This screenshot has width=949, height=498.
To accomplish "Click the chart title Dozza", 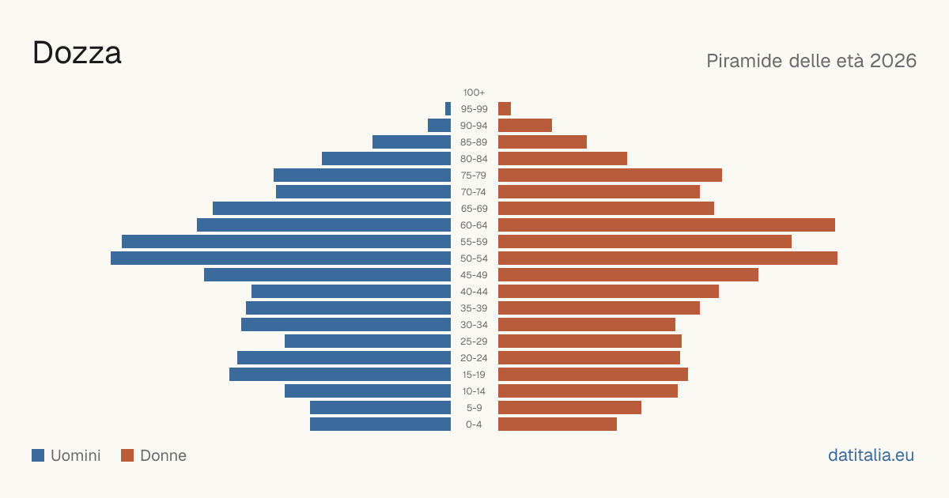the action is click(x=78, y=53).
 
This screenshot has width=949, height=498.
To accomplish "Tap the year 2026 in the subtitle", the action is click(x=893, y=61).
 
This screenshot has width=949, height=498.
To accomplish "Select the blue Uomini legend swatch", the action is click(x=38, y=455).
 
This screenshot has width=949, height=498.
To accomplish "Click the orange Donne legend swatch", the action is click(x=127, y=455).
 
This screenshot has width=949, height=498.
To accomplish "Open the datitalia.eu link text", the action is click(x=871, y=455).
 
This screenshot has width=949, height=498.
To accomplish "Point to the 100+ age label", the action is click(x=474, y=92).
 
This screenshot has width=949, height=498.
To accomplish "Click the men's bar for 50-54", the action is click(x=281, y=258).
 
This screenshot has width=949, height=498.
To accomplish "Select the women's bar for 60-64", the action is click(x=667, y=224).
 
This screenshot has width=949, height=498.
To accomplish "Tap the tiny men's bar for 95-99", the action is click(x=448, y=109).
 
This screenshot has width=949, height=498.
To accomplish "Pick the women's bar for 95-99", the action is click(x=505, y=109).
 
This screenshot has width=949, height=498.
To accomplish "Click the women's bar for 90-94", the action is click(x=525, y=126).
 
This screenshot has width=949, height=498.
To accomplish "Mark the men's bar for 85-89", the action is click(x=412, y=141).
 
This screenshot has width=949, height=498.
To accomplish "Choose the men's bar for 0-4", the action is click(x=380, y=424).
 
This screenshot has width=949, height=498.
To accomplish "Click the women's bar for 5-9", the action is click(x=570, y=408).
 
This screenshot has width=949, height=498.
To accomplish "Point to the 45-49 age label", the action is click(x=474, y=275).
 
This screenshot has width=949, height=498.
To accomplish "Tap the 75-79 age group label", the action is click(x=474, y=175).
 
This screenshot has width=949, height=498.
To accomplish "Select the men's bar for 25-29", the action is click(x=368, y=341).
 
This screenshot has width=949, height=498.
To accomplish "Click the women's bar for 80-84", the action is click(x=562, y=159).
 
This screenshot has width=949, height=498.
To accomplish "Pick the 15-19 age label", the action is click(x=474, y=375).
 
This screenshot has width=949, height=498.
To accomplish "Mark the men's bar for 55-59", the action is click(x=286, y=242).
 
